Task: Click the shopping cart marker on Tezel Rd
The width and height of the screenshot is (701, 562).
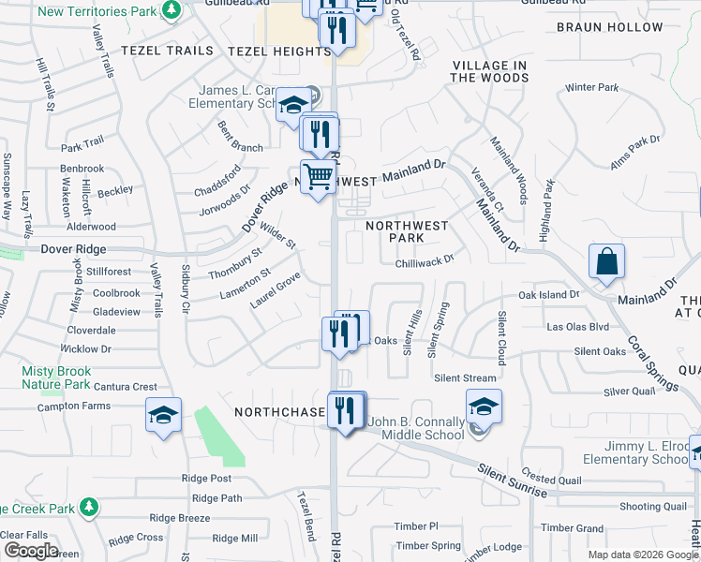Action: (319, 176)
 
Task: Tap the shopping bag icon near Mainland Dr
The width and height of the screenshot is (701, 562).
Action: (606, 261)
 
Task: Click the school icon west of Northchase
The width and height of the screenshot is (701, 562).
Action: (163, 416)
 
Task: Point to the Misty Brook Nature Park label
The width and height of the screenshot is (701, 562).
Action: (56, 377)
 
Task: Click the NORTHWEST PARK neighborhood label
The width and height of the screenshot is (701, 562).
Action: (407, 231)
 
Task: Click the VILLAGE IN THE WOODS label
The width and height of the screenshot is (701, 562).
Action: (488, 72)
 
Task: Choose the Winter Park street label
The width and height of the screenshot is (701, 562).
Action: (591, 88)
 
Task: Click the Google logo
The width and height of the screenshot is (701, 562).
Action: (30, 550)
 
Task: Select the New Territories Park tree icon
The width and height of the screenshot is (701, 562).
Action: (171, 10)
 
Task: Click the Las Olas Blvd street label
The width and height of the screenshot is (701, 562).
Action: (577, 327)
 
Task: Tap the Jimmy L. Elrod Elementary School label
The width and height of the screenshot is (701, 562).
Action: (635, 452)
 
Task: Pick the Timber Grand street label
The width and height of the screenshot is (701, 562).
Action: (572, 528)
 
